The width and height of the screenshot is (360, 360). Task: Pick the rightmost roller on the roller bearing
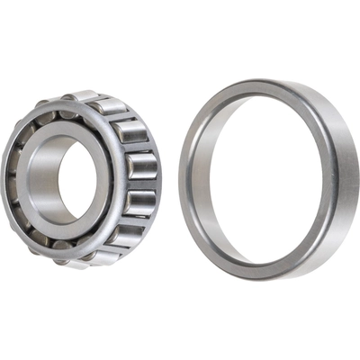click(x=144, y=167)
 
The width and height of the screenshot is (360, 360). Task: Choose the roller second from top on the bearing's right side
click(x=130, y=131)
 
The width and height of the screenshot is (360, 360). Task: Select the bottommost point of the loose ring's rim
click(x=261, y=280)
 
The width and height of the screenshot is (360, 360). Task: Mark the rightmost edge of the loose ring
click(x=358, y=180)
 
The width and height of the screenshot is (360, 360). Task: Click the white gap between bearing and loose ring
click(x=170, y=180)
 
